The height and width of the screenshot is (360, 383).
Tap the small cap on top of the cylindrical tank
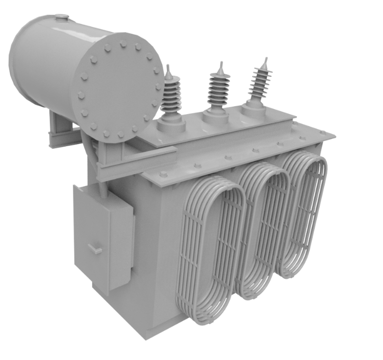(61, 17)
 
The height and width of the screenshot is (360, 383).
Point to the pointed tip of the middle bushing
(218, 65)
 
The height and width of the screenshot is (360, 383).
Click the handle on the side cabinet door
(95, 248)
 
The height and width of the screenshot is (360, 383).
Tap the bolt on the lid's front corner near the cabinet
(163, 174)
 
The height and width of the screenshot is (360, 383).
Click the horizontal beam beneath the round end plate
(135, 162)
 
